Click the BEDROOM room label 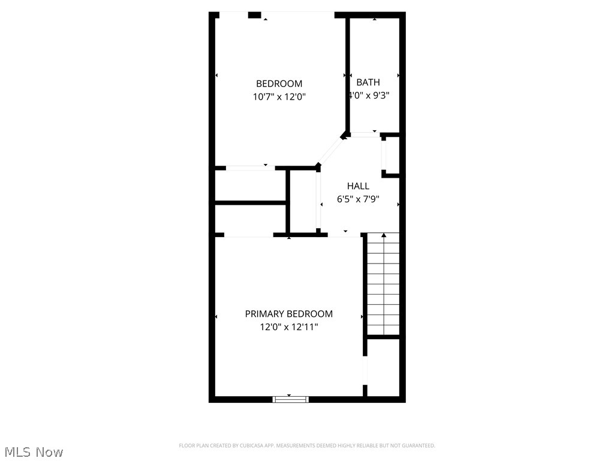pos(279,84)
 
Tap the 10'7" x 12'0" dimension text pos(279,97)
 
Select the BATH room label pos(368,82)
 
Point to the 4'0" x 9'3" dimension pos(369,95)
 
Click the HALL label pos(358,186)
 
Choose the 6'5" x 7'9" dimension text pos(358,199)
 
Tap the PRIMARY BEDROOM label pos(288,314)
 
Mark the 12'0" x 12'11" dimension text pos(288,327)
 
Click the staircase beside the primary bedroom pos(383,283)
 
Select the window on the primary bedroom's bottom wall pos(291,399)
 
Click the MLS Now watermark pos(33,451)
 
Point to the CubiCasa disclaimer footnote pos(307,445)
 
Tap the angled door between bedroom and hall pos(330,151)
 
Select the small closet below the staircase pos(383,367)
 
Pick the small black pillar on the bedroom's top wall pos(255,15)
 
